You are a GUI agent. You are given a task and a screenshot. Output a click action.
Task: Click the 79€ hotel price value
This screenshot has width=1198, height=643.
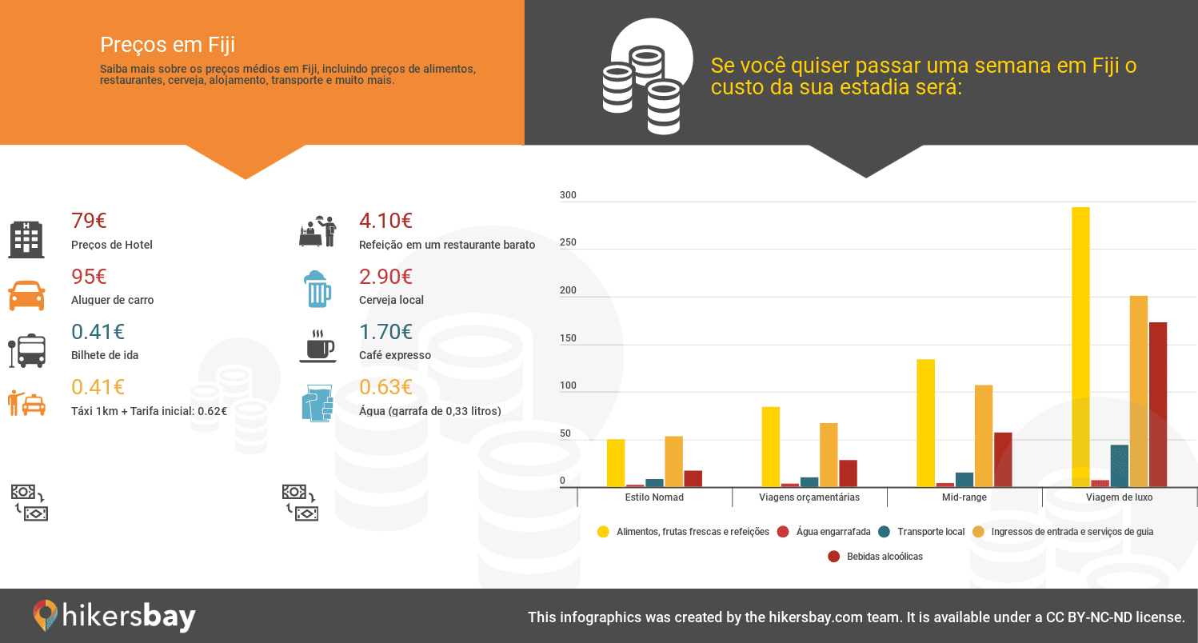(x=89, y=221)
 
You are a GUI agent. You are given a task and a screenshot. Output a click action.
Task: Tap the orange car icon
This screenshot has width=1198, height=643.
(x=26, y=295)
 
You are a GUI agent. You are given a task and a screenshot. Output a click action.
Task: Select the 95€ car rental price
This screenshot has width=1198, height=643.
(x=89, y=277)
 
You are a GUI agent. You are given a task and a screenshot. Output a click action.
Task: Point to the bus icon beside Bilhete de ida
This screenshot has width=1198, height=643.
(x=26, y=351)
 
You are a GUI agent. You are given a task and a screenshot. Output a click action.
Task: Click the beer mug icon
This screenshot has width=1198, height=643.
(x=317, y=289)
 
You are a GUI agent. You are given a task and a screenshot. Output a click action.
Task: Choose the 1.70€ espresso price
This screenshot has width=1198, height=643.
(x=385, y=332)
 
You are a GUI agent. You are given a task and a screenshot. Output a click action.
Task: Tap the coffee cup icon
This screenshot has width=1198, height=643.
(x=317, y=346)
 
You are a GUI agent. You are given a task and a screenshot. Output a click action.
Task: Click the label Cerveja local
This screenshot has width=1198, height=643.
(x=391, y=300)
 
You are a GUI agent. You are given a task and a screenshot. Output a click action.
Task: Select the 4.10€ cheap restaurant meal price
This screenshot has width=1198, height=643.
(x=385, y=221)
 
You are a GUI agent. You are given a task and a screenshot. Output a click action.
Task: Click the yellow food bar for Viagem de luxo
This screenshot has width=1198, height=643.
(x=1080, y=347)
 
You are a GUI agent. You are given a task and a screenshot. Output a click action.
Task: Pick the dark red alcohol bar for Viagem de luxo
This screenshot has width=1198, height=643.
(x=1158, y=405)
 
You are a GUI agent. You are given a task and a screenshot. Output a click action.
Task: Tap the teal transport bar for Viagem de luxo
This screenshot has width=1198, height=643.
(x=1120, y=466)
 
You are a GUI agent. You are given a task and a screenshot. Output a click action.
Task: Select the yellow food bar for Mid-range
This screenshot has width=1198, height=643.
(x=926, y=423)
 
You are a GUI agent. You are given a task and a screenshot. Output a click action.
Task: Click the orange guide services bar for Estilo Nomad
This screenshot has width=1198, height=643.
(x=674, y=461)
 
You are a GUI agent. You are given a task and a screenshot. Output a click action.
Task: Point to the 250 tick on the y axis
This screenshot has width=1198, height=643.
(x=568, y=242)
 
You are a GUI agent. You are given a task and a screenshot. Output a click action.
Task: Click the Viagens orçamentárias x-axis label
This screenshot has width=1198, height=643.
(x=809, y=497)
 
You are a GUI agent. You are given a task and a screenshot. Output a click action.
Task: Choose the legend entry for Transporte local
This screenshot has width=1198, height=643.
(x=921, y=532)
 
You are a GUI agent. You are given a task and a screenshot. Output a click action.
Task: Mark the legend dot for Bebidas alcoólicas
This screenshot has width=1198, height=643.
(x=833, y=557)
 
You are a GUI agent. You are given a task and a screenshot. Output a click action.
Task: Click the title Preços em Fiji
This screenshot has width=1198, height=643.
(x=167, y=45)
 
